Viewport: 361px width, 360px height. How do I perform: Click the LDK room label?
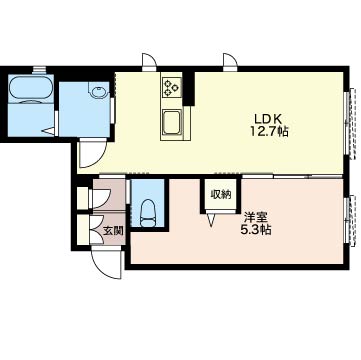pos(268,118)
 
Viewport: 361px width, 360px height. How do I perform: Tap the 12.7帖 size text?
pos(269,132)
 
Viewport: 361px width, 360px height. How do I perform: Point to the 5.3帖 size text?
pos(256,230)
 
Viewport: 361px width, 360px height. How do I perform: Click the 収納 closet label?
pos(221,194)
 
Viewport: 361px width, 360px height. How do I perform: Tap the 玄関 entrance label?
pos(111,230)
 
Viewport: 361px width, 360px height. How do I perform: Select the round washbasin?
pos(98,91)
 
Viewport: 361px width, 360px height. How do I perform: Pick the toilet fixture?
pos(149,213)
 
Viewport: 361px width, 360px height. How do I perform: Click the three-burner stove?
pos(172,86)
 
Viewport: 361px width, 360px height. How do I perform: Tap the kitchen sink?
pos(172,122)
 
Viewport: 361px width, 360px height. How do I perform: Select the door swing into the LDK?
pos(93,154)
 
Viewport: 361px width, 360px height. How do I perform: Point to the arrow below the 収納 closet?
pos(211,220)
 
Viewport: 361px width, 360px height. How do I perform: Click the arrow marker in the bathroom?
pos(48,131)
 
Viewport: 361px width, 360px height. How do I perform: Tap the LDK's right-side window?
pos(349,122)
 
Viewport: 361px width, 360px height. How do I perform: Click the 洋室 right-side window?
pos(349,221)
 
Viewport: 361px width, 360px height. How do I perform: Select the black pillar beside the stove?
pos(189,89)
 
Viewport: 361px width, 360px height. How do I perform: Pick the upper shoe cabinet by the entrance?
pos(83,198)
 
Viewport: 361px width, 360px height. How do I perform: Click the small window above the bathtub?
pos(39,69)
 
